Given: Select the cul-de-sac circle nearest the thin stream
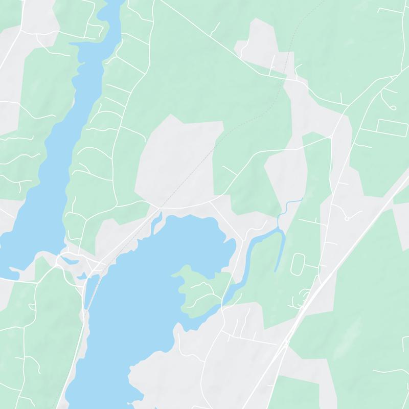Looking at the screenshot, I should point(347,219).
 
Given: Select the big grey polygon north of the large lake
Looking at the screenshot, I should point(179,158).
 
